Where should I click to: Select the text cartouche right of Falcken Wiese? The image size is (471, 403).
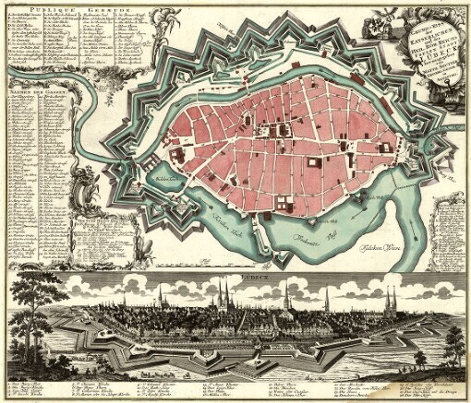pos(443,221)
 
